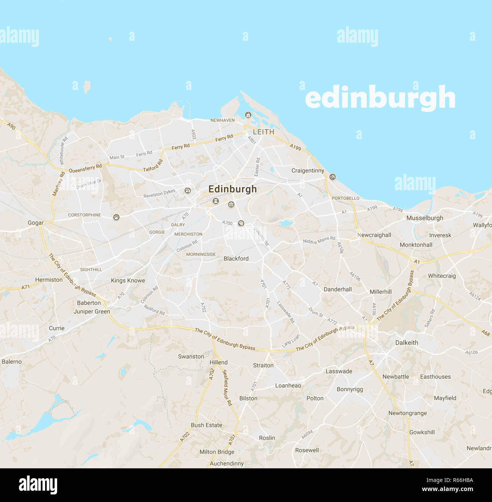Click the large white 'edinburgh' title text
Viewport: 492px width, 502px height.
tap(380, 98)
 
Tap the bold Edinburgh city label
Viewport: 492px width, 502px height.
tap(232, 189)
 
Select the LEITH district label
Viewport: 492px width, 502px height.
tap(263, 132)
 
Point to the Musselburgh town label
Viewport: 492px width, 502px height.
tap(425, 218)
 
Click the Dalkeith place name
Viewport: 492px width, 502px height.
tap(406, 343)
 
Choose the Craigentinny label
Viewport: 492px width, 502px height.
tap(308, 171)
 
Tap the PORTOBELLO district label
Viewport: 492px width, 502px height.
tap(346, 198)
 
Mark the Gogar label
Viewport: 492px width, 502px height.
tap(36, 223)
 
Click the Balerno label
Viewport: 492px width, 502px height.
tap(12, 362)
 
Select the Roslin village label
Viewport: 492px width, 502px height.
tap(267, 438)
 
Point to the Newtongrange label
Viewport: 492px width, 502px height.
tap(407, 413)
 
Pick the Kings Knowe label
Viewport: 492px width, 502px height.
tap(128, 281)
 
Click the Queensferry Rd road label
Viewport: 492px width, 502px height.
tap(85, 168)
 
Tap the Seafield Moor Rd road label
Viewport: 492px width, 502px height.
tap(227, 387)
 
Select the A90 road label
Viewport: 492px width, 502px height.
tap(11, 126)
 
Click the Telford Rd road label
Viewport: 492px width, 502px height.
tap(153, 166)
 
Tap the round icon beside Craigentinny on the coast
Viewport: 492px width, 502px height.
tap(332, 177)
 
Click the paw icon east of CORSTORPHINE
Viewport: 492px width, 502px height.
tap(116, 217)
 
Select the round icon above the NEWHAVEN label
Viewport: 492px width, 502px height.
tap(248, 115)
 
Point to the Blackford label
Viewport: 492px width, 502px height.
tap(236, 259)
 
